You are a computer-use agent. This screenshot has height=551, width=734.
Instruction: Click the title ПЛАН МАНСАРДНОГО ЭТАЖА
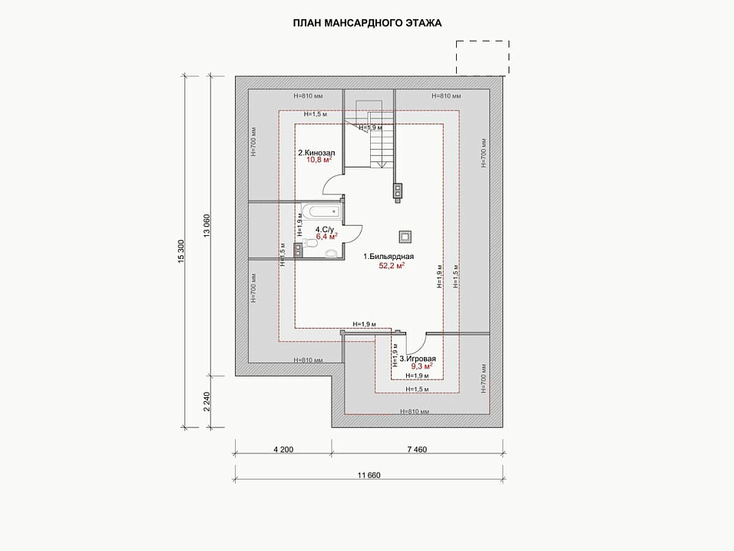tap(367, 23)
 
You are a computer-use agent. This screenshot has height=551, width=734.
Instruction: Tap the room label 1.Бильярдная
tap(388, 257)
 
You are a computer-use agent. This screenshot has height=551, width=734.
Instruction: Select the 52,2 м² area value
tap(392, 266)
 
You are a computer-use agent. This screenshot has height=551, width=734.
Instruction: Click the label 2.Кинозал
tap(316, 153)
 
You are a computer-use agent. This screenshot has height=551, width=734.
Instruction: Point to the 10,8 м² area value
tap(319, 159)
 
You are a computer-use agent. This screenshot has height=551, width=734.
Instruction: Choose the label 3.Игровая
tap(418, 359)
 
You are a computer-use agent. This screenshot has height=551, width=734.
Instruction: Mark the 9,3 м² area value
tap(422, 366)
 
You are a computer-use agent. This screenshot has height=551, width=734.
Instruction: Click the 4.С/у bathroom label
tap(325, 230)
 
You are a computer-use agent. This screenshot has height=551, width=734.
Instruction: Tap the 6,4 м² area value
tap(327, 237)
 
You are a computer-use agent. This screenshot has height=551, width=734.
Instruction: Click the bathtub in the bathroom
tap(321, 211)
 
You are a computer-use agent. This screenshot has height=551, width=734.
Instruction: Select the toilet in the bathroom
tap(309, 243)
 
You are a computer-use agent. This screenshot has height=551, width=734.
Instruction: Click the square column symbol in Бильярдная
tap(405, 237)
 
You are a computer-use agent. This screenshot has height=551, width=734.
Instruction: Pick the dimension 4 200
tap(283, 450)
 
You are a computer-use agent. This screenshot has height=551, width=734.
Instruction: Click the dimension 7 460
tap(417, 450)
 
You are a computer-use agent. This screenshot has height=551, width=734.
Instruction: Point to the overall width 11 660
tap(369, 475)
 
